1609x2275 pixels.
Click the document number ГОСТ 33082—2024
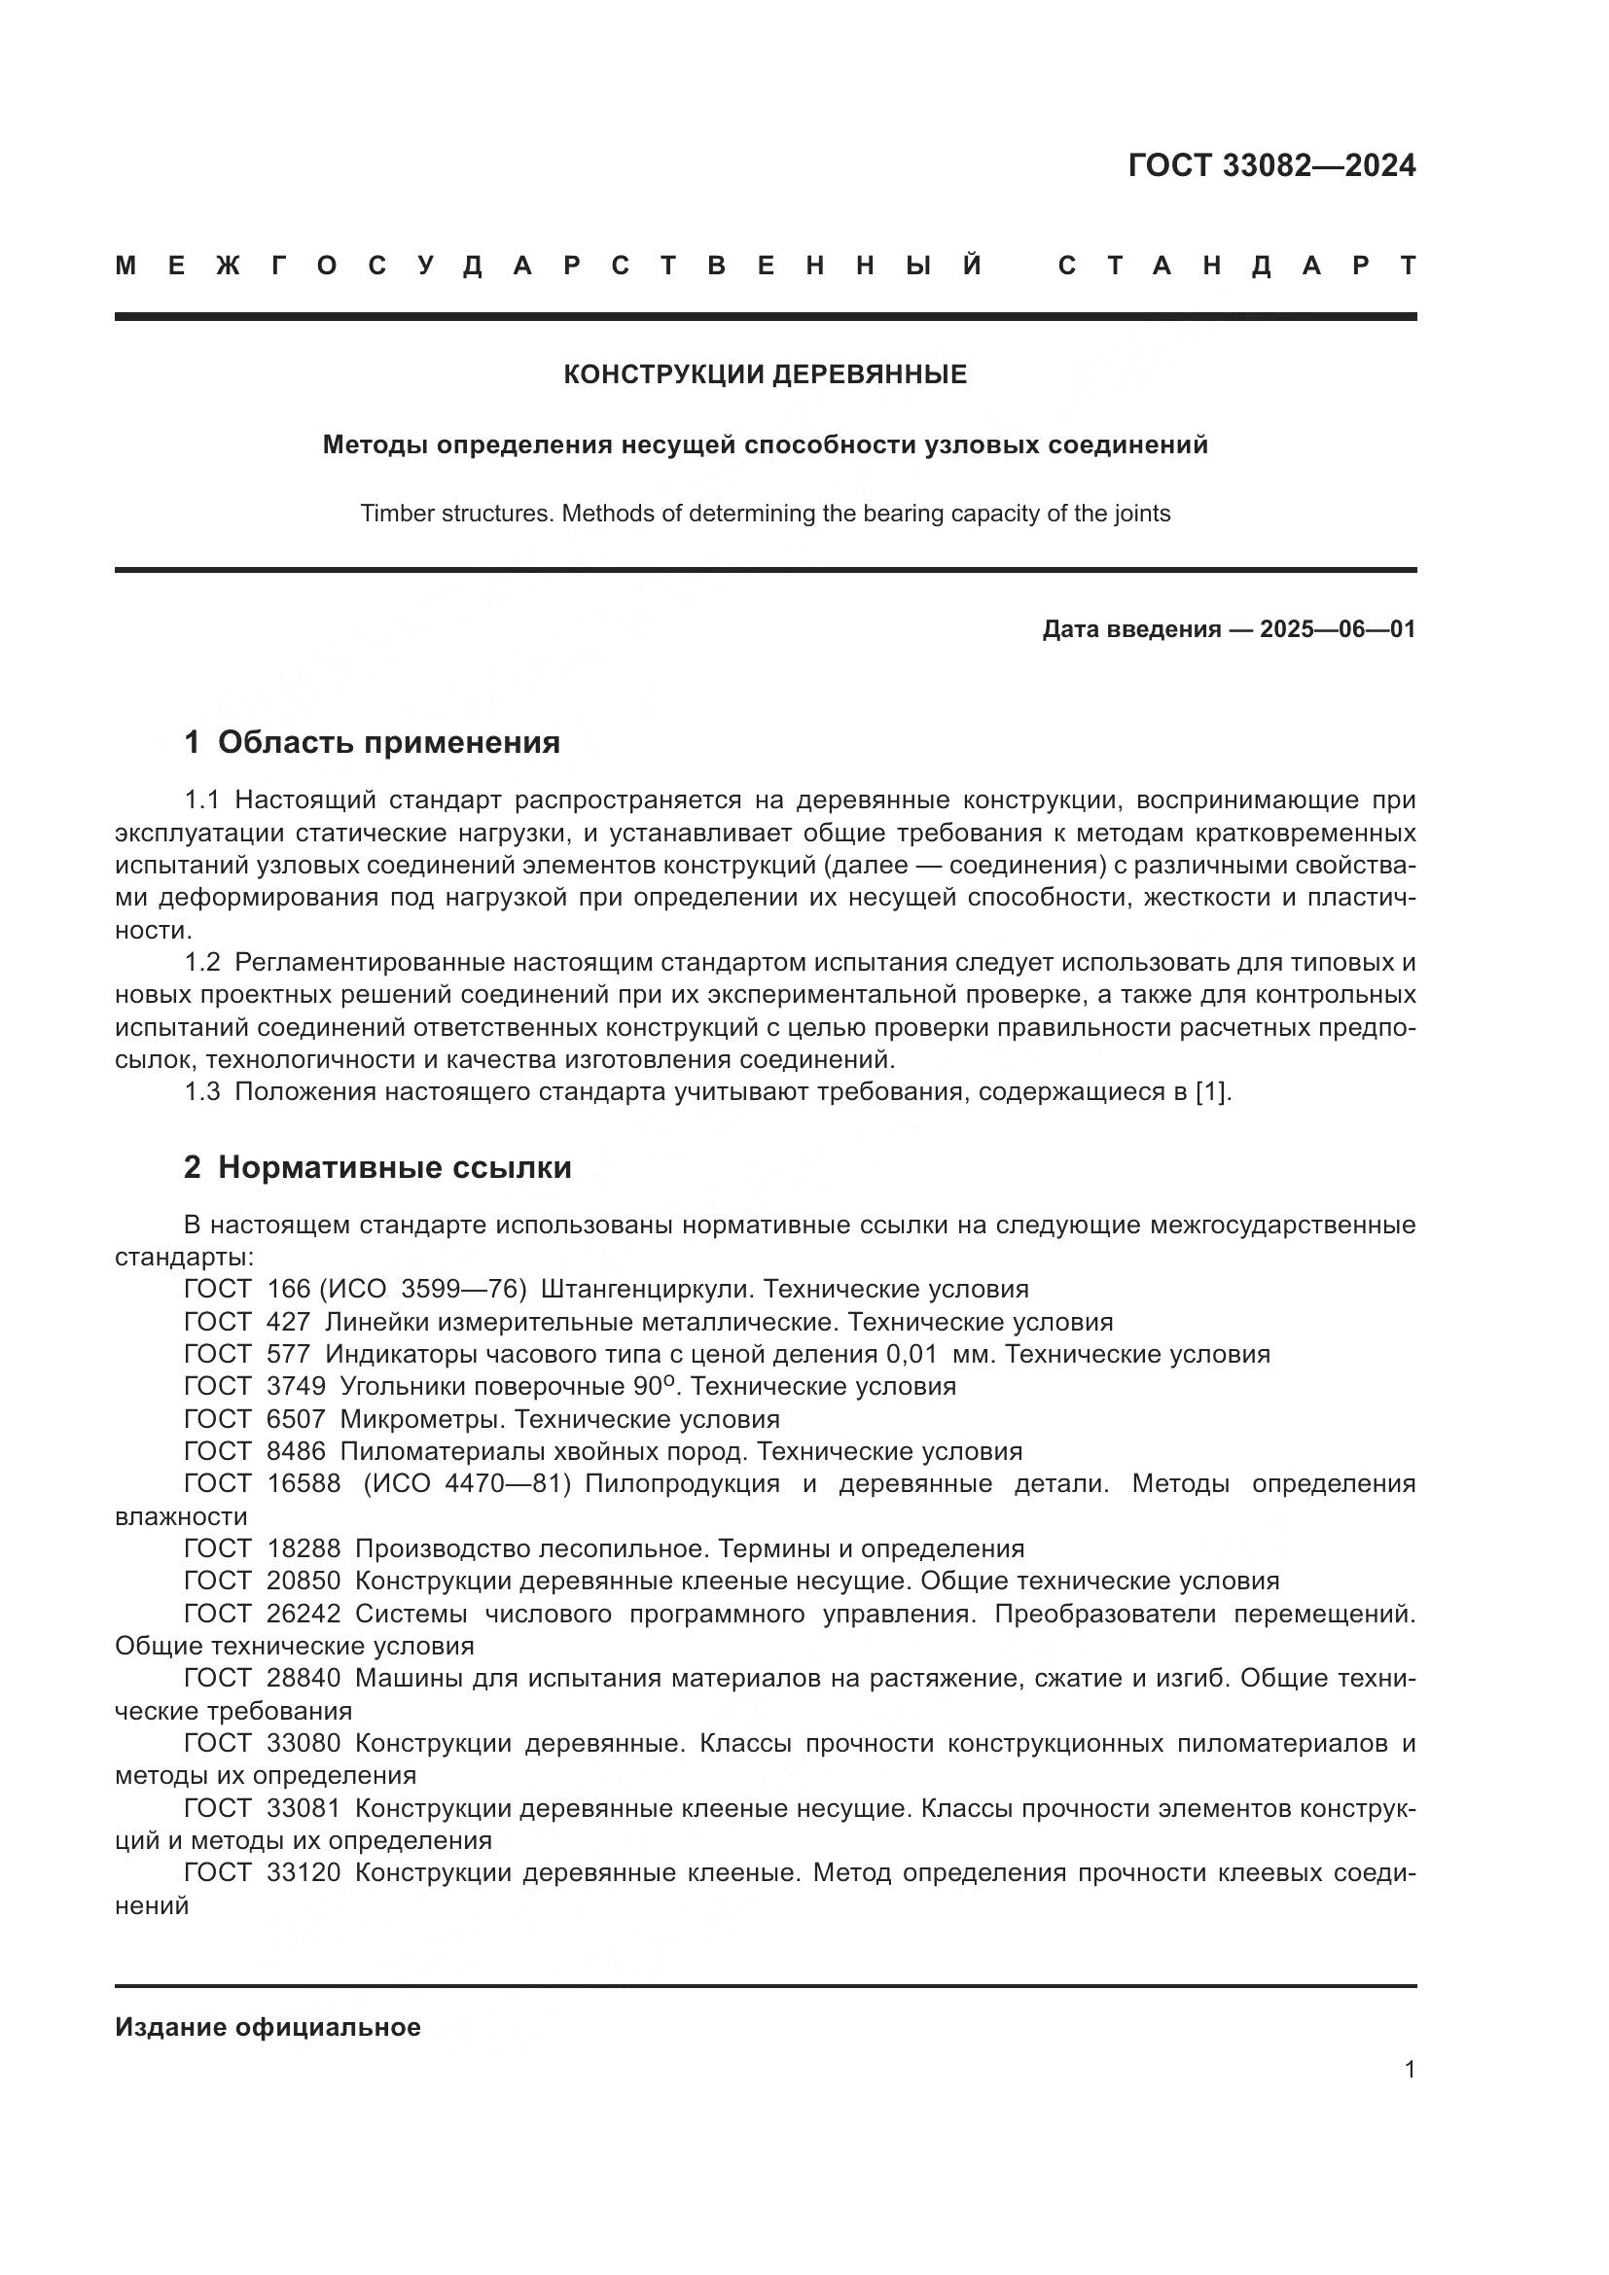pyautogui.click(x=1271, y=165)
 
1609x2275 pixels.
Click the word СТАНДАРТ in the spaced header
pyautogui.click(x=1236, y=266)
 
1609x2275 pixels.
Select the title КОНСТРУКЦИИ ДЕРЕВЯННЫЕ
pyautogui.click(x=765, y=374)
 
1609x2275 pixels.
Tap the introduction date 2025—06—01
pyautogui.click(x=1338, y=629)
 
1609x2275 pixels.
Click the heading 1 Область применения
pyautogui.click(x=373, y=742)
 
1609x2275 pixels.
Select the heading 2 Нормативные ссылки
pyautogui.click(x=377, y=1167)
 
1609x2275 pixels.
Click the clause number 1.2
pyautogui.click(x=202, y=962)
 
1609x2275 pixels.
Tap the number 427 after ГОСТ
pyautogui.click(x=288, y=1322)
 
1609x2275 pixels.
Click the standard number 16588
pyautogui.click(x=304, y=1483)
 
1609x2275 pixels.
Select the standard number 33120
pyautogui.click(x=304, y=1872)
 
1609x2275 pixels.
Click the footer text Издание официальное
pyautogui.click(x=268, y=2027)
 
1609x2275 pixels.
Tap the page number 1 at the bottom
pyautogui.click(x=1409, y=2070)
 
